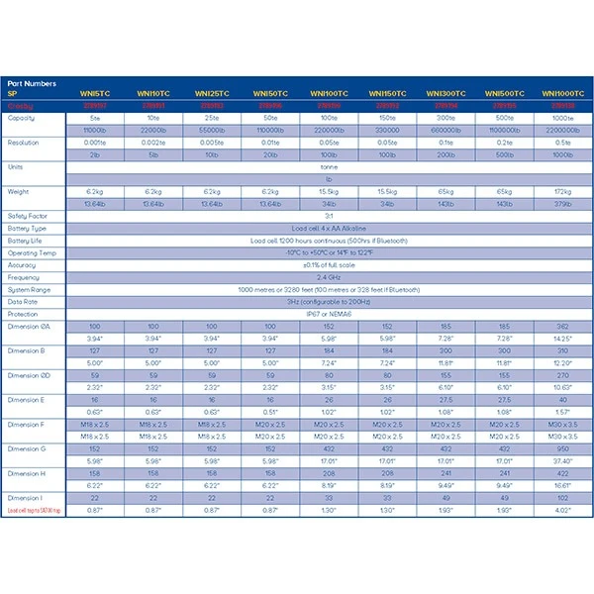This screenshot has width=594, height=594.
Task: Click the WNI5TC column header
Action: click(x=95, y=94)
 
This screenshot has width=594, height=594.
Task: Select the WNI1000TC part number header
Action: click(x=560, y=94)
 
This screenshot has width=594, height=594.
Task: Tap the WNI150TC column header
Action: click(x=386, y=94)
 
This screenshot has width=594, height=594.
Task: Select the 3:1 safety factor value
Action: click(x=329, y=215)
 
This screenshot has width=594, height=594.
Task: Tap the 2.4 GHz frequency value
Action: click(x=329, y=277)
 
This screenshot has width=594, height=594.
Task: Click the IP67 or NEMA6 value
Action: click(x=329, y=314)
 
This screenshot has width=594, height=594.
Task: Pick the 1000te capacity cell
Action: click(x=560, y=118)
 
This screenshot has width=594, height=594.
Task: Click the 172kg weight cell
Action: click(x=560, y=190)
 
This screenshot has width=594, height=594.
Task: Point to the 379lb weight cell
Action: click(x=560, y=203)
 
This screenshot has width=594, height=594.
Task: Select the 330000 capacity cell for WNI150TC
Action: click(x=386, y=130)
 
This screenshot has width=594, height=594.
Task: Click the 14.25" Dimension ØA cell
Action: click(x=560, y=339)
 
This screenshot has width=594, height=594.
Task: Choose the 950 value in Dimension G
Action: click(x=560, y=448)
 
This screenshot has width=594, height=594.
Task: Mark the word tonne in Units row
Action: click(x=329, y=166)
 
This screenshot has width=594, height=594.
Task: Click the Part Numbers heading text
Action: click(x=32, y=83)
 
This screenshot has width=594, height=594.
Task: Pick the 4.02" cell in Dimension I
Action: click(x=560, y=510)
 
